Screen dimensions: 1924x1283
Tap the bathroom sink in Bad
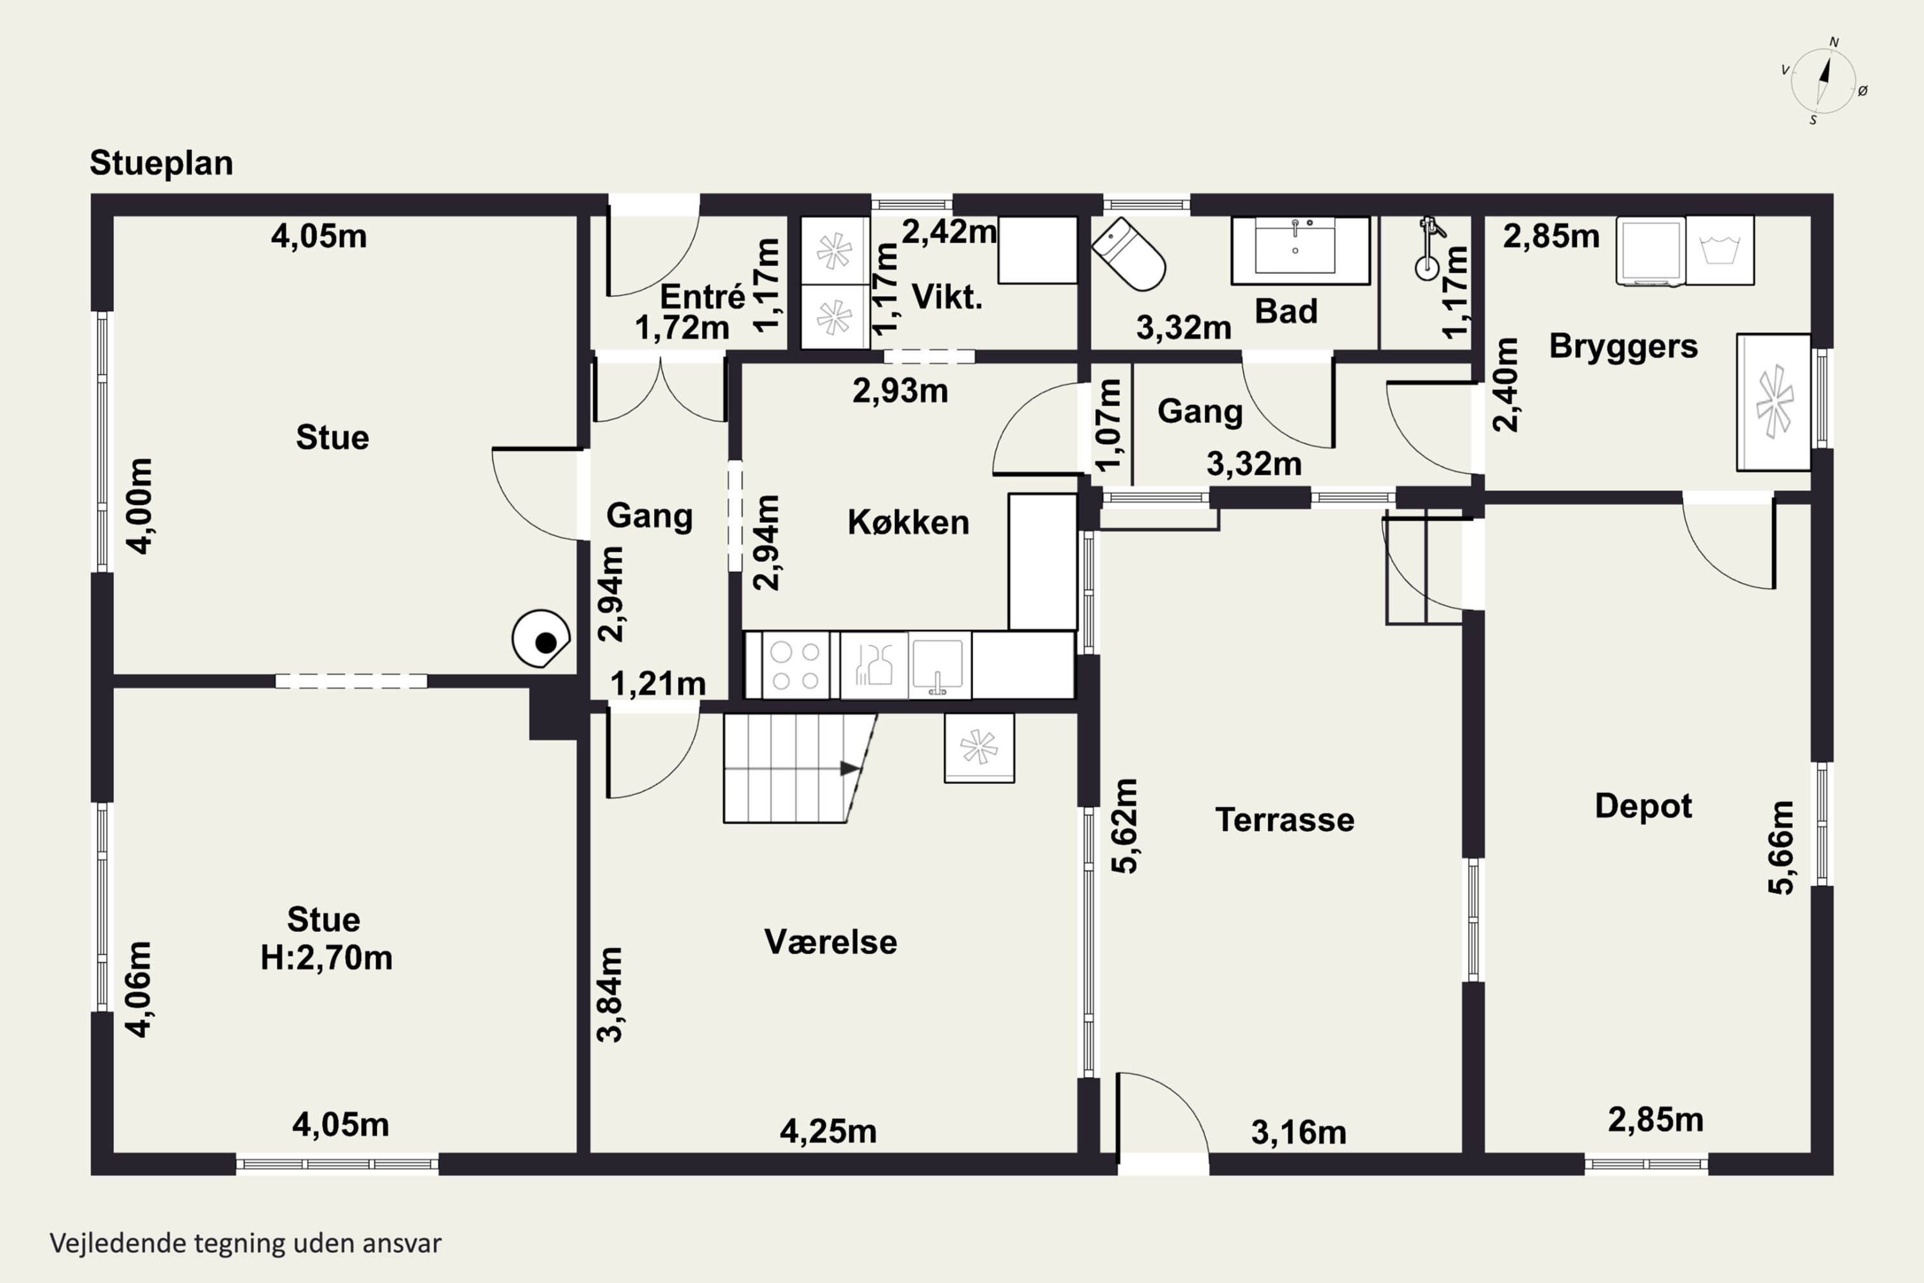[x=1301, y=250]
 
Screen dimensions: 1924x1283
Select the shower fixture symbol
[x=1428, y=249]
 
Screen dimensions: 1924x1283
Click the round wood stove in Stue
[x=541, y=639]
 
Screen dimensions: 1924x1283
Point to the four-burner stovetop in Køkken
[x=795, y=665]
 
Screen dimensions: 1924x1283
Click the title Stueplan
[x=161, y=163]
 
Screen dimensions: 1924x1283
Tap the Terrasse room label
[x=1285, y=820]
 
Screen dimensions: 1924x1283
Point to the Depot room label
[x=1643, y=806]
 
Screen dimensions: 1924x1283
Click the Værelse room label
[x=831, y=942]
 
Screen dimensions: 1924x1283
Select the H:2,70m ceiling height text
[x=326, y=957]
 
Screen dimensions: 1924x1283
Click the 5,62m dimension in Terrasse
[x=1125, y=826]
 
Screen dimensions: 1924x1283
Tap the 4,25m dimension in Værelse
[x=828, y=1132]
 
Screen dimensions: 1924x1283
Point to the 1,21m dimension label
[x=658, y=683]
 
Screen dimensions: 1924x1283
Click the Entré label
[x=703, y=296]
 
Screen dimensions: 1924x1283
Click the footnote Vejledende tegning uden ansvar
[x=246, y=1244]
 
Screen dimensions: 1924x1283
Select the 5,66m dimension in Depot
[x=1781, y=847]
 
